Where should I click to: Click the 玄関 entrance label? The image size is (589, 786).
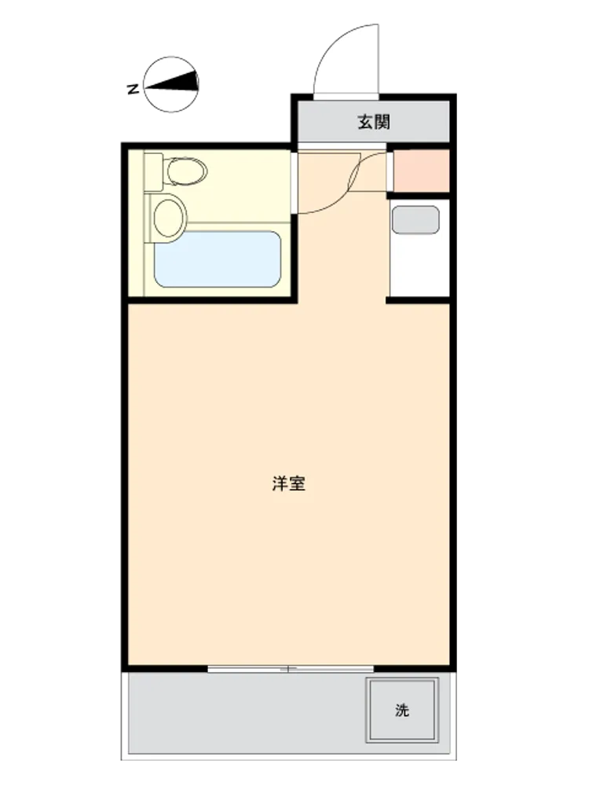[374, 122]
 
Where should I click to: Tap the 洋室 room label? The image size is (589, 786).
[288, 483]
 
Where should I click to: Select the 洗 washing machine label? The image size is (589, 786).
[402, 710]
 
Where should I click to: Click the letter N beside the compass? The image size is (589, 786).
[133, 90]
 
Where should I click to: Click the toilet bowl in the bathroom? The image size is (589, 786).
[187, 171]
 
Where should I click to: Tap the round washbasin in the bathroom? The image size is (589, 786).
[168, 218]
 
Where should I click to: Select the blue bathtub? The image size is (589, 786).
[218, 259]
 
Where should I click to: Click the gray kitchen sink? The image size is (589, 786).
[415, 219]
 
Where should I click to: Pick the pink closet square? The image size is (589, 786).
[422, 171]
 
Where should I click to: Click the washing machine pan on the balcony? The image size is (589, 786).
[401, 710]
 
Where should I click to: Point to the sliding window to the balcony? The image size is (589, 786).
[291, 669]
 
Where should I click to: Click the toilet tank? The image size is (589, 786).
[154, 172]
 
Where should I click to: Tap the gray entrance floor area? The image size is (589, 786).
[374, 122]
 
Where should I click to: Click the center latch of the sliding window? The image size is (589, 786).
[288, 669]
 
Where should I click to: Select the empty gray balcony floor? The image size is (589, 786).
[240, 712]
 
